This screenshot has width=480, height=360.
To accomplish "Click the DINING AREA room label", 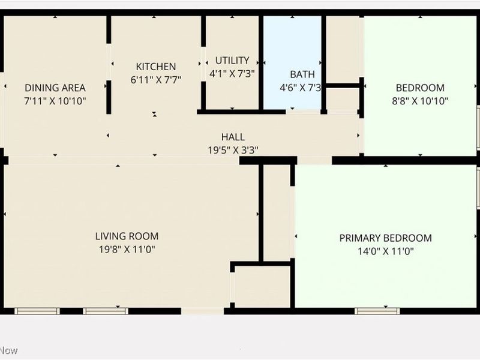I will pos(55,88).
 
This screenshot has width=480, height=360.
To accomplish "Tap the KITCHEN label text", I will pos(156,67).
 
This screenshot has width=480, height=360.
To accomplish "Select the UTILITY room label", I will pos(232,61).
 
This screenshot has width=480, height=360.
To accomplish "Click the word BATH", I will pos(302,74).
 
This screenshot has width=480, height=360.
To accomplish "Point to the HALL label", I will pos(233,137).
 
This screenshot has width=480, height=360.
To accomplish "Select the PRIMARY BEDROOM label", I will pos(385,238).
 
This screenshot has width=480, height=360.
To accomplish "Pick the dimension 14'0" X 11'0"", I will pos(385,251).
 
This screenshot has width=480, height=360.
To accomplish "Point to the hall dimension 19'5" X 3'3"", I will pos(233,151).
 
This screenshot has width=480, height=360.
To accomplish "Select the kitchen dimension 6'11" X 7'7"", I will pos(156,79).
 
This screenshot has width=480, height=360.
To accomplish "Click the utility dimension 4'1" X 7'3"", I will pos(232,73).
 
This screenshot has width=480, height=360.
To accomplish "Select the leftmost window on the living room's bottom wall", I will pos(37,311).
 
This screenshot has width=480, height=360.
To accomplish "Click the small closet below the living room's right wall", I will pos(262,286).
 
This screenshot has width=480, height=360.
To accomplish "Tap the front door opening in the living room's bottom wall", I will pos(202,311).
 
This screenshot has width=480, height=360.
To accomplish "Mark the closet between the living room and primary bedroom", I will pos(277,213).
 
